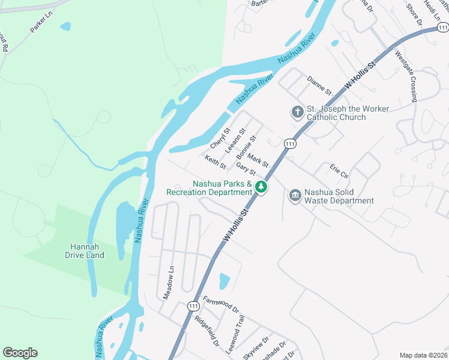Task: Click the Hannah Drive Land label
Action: [84, 251]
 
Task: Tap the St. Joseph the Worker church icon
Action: [297, 112]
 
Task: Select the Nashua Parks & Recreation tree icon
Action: [261, 187]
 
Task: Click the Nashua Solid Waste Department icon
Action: [295, 196]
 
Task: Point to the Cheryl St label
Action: [220, 139]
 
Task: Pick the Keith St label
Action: [215, 161]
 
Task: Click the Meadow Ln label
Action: [168, 282]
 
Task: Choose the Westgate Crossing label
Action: [406, 77]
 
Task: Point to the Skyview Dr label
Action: [258, 347]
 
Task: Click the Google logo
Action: [20, 353]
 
